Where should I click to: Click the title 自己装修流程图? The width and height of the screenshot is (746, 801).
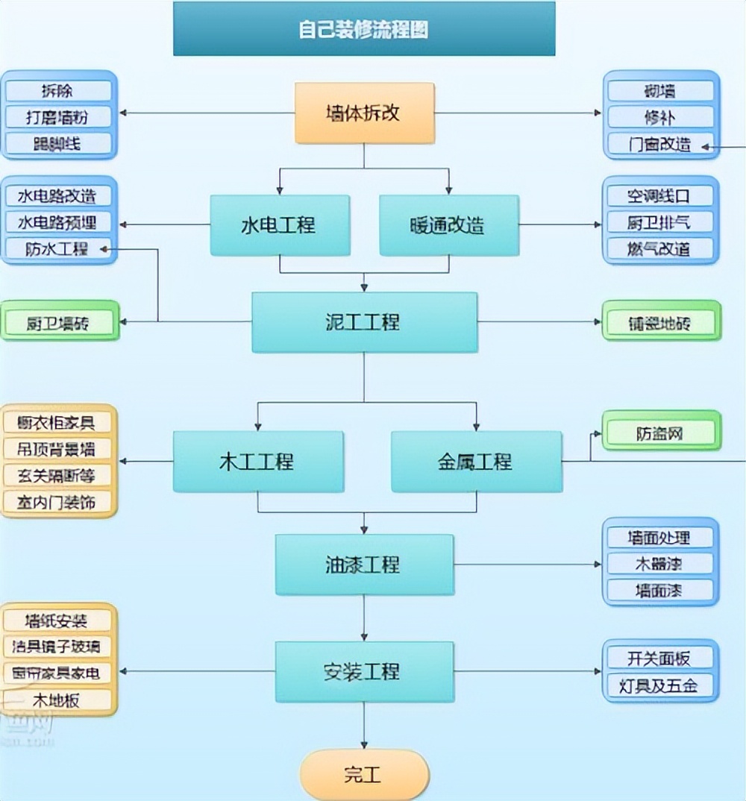pos(364,29)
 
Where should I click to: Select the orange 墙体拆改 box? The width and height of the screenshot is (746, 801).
pos(364,113)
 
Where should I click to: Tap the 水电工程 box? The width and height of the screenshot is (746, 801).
pos(279,225)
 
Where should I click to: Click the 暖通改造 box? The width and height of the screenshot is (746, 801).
pos(448,225)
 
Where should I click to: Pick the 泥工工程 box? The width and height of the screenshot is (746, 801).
pos(364,322)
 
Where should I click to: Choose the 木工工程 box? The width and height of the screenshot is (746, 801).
pos(258,462)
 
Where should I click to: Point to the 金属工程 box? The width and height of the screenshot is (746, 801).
pos(476,462)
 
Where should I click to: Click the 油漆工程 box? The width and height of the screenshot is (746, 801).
pos(364,565)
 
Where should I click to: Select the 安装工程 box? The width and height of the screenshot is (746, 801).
pos(364,671)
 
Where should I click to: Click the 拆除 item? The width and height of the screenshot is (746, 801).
pos(59,90)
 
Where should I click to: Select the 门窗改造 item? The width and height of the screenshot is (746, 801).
pos(660,145)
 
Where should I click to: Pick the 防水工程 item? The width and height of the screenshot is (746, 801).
pos(59,248)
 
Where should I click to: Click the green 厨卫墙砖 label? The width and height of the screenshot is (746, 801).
pos(59,323)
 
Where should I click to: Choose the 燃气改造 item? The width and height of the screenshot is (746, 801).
pos(660,248)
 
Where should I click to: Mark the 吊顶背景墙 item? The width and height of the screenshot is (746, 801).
pos(59,449)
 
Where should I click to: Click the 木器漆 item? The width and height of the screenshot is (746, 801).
pos(660,564)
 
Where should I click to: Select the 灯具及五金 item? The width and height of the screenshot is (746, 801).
pos(660,685)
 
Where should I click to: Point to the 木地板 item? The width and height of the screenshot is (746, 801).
pos(59,700)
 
